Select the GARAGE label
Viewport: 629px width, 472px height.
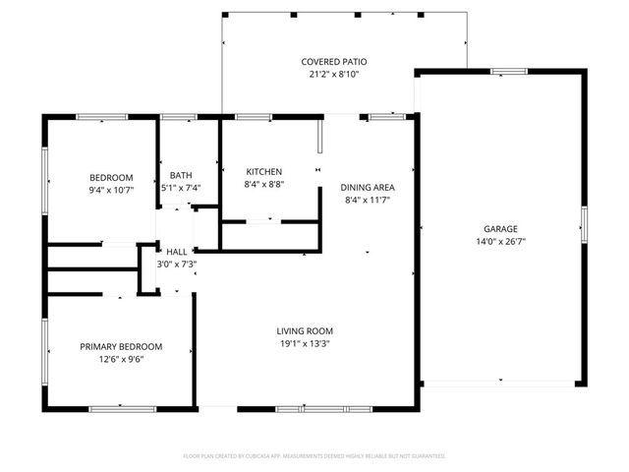499,228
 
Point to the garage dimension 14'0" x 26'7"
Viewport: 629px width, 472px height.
499,241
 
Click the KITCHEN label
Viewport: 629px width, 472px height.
263,171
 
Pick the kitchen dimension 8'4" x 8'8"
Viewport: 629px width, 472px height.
263,184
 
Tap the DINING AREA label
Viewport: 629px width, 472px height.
368,187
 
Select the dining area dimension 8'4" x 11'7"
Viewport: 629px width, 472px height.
368,200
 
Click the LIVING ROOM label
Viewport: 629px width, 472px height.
305,330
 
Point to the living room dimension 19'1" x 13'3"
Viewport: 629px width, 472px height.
305,344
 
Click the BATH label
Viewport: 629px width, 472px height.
181,175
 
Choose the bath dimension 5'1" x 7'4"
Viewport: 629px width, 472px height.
181,188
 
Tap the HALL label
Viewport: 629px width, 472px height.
177,252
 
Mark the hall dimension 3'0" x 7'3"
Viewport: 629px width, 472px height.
177,264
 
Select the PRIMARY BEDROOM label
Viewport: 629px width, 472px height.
121,346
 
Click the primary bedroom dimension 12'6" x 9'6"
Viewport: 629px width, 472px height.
121,359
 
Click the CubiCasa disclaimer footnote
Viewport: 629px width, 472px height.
314,456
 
